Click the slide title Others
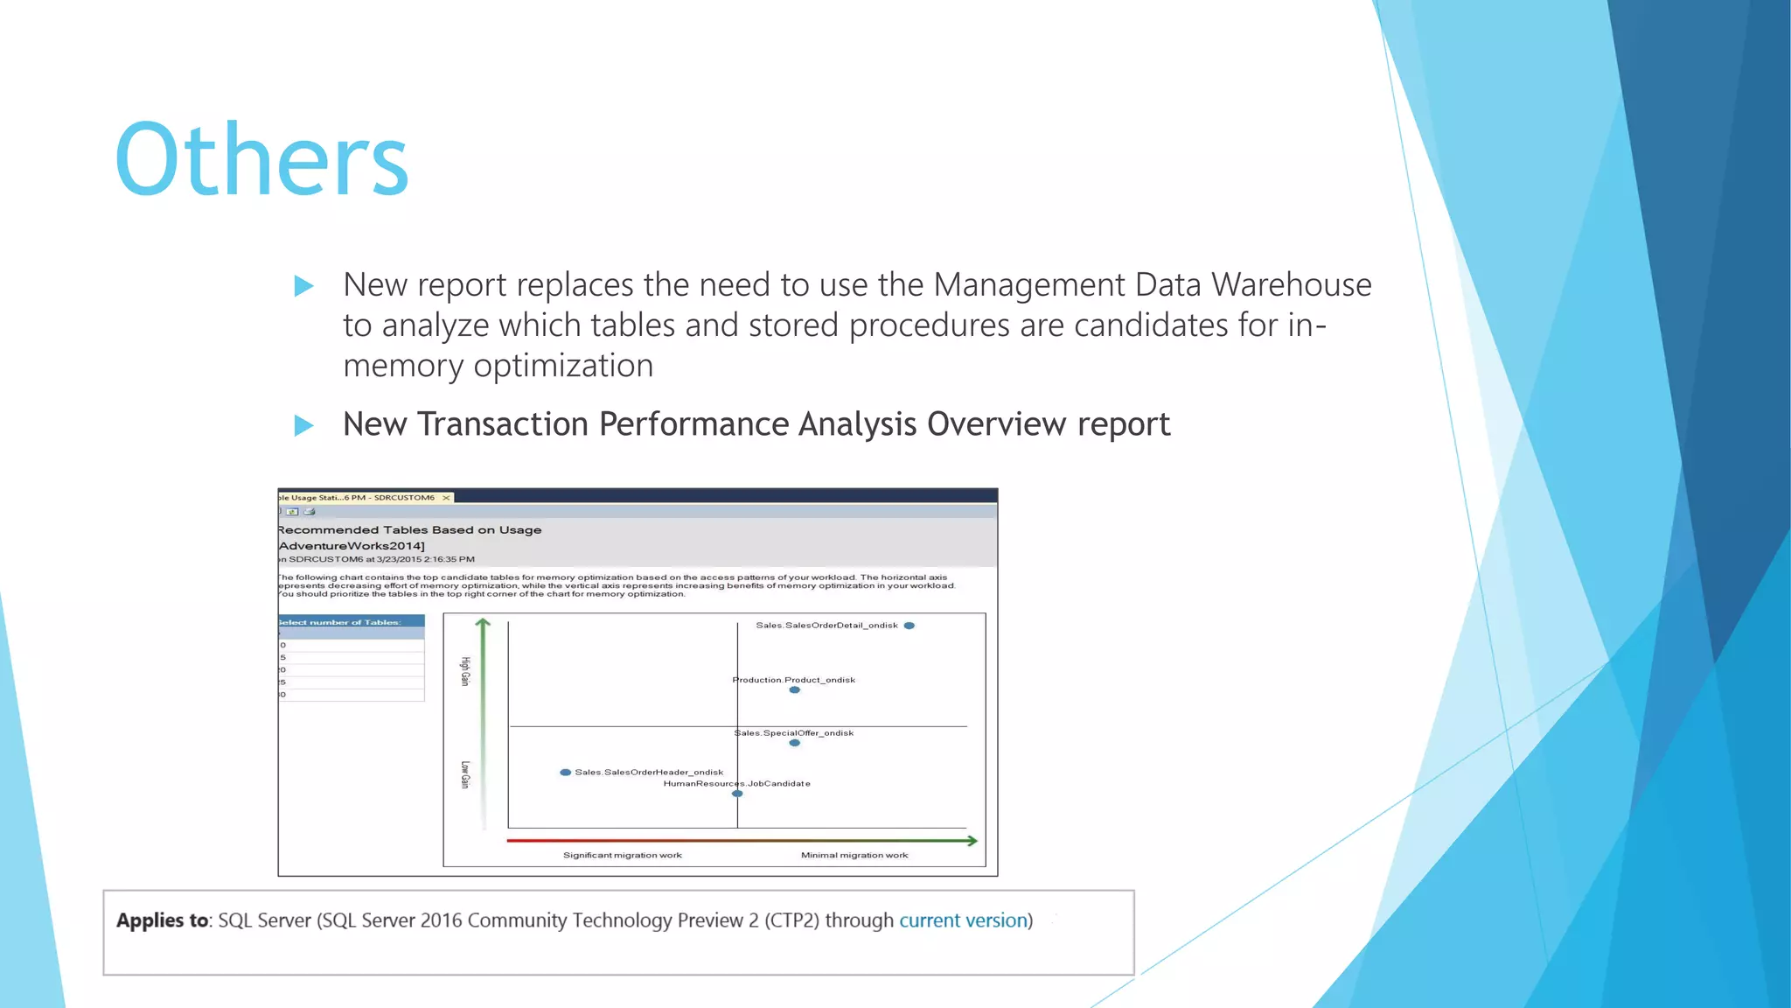[261, 159]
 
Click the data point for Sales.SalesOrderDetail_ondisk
[909, 626]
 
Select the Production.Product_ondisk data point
[794, 690]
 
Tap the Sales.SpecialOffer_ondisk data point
[794, 743]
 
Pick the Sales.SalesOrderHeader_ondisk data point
[566, 773]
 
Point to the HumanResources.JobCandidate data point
[737, 794]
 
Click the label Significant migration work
[622, 855]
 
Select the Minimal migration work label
[854, 855]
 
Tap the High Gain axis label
[465, 671]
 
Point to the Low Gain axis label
[465, 774]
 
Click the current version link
[963, 920]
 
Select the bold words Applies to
[163, 920]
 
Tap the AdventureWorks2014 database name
[352, 546]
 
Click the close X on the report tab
[446, 498]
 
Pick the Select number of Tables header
[341, 622]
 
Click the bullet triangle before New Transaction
[303, 426]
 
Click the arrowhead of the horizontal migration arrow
[972, 841]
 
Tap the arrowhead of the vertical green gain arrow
[483, 623]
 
